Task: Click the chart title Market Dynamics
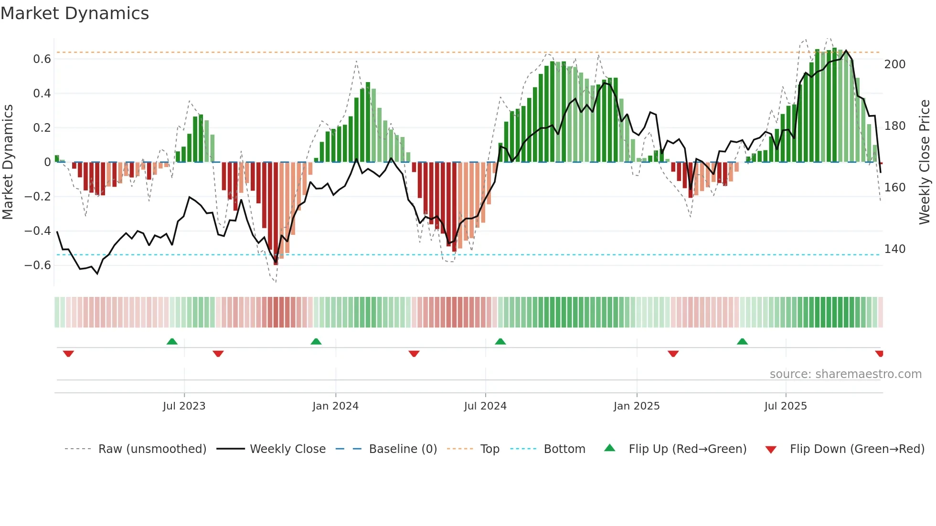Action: [74, 13]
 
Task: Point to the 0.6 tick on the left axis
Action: [42, 59]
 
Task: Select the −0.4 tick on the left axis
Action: [38, 231]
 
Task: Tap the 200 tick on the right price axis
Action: [894, 64]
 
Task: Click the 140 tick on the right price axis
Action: [894, 249]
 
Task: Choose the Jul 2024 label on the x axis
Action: [485, 406]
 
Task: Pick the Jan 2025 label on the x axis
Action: [636, 406]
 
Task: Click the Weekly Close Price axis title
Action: [925, 162]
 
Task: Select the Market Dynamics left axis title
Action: [8, 162]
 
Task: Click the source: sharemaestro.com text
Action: [845, 374]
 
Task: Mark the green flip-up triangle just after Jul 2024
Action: [500, 341]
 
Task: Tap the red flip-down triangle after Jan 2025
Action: [673, 354]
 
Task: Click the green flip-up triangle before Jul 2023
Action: [172, 341]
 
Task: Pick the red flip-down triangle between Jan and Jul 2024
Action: [414, 354]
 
